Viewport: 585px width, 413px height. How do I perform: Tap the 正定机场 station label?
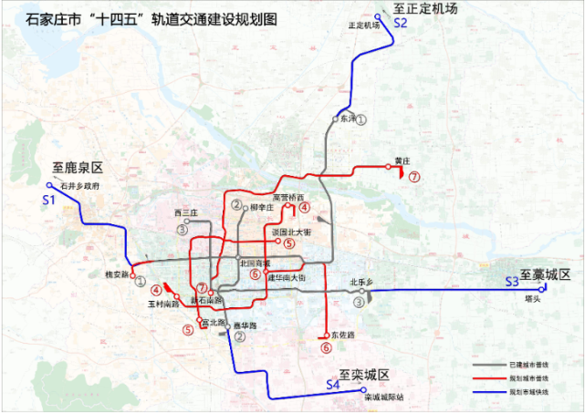362,26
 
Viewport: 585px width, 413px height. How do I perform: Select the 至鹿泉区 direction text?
79,169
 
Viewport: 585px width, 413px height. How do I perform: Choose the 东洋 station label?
346,119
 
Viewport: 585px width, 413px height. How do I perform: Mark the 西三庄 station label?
184,212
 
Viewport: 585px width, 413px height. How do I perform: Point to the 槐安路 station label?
115,274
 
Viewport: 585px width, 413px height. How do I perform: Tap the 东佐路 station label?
343,335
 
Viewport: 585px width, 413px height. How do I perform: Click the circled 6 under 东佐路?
326,346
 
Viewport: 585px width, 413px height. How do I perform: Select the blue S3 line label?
511,283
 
